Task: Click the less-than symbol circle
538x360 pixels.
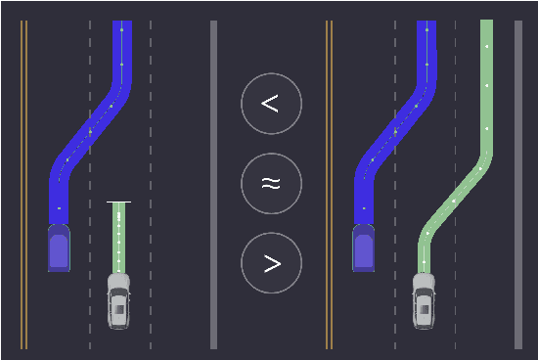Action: (271, 103)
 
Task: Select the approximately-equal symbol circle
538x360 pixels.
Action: (271, 183)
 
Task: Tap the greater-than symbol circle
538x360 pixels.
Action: (271, 263)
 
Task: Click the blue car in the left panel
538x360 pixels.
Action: (59, 247)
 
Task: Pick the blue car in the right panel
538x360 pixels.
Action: (364, 247)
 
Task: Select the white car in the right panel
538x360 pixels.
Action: (424, 300)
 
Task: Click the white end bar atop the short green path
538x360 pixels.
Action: (118, 202)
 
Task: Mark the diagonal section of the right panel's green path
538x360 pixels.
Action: (454, 201)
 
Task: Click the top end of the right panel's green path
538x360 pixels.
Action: (486, 25)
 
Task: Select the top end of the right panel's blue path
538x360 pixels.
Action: (426, 25)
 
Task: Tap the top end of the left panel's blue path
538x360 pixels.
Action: (121, 25)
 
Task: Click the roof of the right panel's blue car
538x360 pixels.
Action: (364, 252)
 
